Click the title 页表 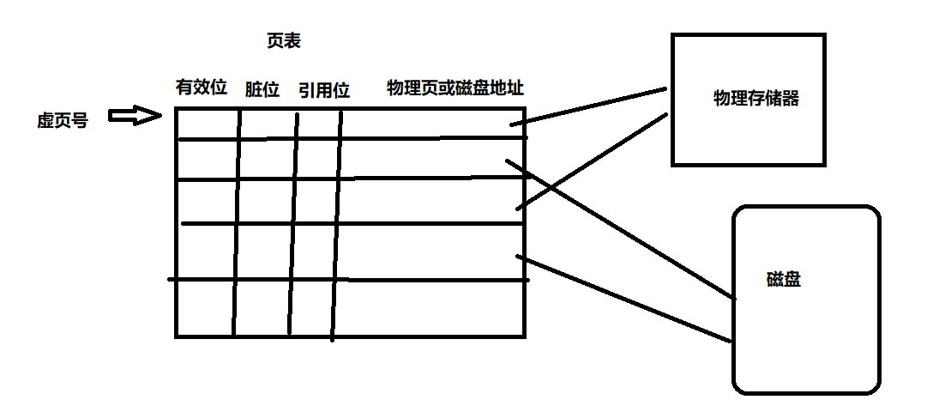coord(284,41)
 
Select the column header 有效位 coord(201,88)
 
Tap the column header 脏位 coord(262,89)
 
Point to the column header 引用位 coord(324,89)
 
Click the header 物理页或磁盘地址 coord(455,88)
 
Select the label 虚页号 coord(62,120)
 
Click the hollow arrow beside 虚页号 coord(136,116)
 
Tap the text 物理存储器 coord(755,98)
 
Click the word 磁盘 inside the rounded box coord(783,280)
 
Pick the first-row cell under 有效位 coord(207,123)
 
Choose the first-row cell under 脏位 coord(268,123)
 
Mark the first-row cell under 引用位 coord(319,123)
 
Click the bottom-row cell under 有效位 coord(204,307)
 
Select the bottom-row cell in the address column coord(429,307)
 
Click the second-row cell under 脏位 coord(267,159)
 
